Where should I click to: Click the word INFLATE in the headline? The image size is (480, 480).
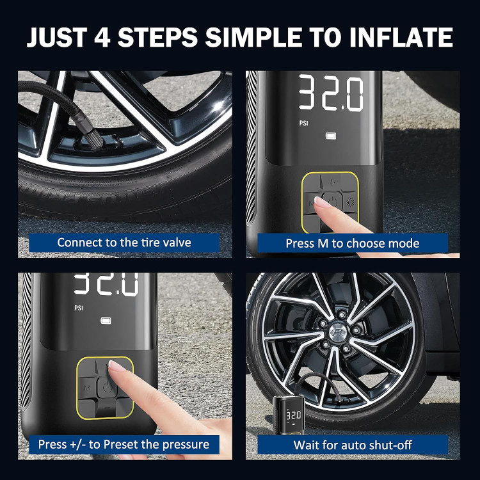(x=401, y=37)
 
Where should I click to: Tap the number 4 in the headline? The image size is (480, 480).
(x=102, y=37)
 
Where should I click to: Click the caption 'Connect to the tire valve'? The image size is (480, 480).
(x=124, y=243)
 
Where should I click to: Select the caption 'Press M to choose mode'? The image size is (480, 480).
(x=353, y=243)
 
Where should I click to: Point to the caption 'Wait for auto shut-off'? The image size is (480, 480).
(x=353, y=445)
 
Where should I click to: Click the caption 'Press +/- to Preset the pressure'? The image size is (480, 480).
(x=124, y=445)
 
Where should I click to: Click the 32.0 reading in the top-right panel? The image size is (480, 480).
(x=332, y=93)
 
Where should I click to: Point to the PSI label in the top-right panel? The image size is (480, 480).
(x=303, y=123)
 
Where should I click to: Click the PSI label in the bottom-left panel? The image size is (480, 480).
(x=79, y=308)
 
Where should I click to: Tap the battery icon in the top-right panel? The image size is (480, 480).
(x=331, y=136)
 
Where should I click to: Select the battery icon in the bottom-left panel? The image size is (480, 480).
(x=106, y=321)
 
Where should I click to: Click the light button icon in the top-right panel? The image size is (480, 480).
(x=350, y=202)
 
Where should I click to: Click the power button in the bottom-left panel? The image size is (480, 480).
(x=106, y=388)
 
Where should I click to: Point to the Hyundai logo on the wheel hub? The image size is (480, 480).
(x=337, y=332)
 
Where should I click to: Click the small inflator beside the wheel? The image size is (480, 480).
(x=289, y=414)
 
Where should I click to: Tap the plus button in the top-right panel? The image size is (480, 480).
(x=333, y=183)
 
